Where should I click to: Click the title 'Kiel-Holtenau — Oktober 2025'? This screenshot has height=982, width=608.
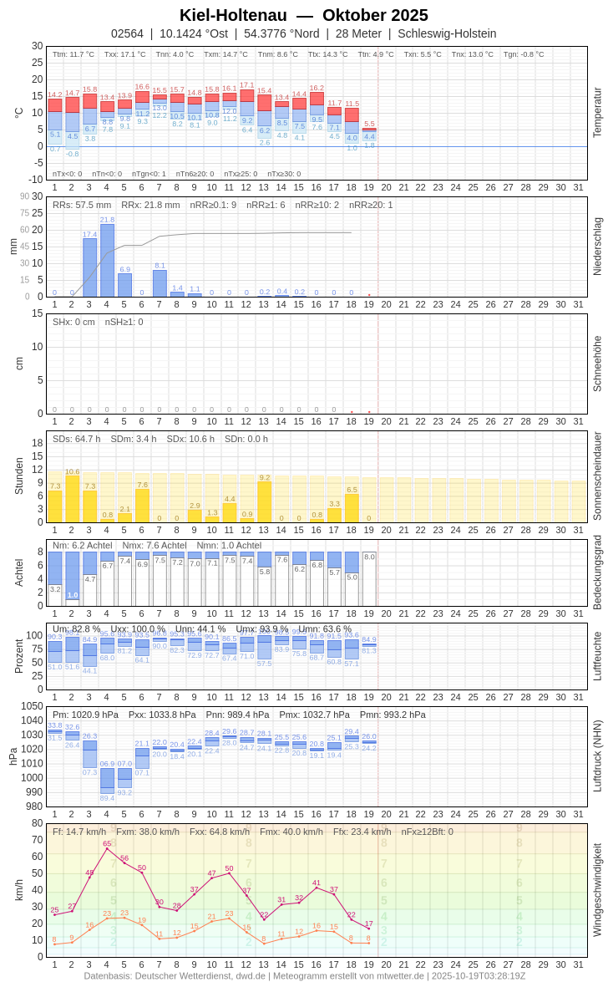click(x=304, y=15)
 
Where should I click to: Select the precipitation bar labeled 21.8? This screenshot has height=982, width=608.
click(x=107, y=261)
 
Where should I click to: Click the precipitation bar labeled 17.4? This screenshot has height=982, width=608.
click(x=89, y=267)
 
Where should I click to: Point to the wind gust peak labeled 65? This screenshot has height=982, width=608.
click(x=107, y=848)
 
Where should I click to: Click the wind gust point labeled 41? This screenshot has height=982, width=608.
click(x=317, y=888)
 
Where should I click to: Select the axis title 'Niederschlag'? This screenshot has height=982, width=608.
click(x=597, y=247)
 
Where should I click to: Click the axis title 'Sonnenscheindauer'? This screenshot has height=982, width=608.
click(x=597, y=476)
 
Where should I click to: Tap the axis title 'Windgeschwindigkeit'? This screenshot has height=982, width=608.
click(x=597, y=889)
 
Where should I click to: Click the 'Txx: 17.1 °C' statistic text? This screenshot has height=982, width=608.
click(x=124, y=54)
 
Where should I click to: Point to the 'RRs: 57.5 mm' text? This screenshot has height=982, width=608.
click(x=82, y=205)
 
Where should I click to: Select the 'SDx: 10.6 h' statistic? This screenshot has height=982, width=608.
click(x=190, y=439)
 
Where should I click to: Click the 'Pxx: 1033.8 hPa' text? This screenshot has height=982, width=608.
click(x=162, y=715)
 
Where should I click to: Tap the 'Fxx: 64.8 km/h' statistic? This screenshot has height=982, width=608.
click(x=220, y=832)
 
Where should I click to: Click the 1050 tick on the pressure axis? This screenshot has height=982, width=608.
click(x=32, y=706)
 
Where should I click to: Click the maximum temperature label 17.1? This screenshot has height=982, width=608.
click(x=246, y=85)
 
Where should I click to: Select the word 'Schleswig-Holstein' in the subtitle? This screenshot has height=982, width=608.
click(x=447, y=33)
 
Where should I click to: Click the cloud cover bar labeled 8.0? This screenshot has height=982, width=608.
click(x=369, y=578)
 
